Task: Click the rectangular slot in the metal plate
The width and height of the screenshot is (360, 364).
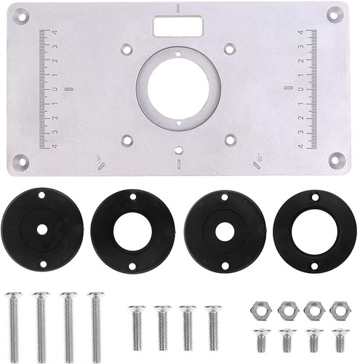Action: [x=176, y=25]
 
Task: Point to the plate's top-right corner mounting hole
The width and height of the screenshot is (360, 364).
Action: [x=335, y=12]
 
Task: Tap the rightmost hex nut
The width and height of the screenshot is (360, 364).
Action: [x=337, y=309]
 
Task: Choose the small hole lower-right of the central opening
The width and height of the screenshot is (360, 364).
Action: [x=231, y=138]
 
